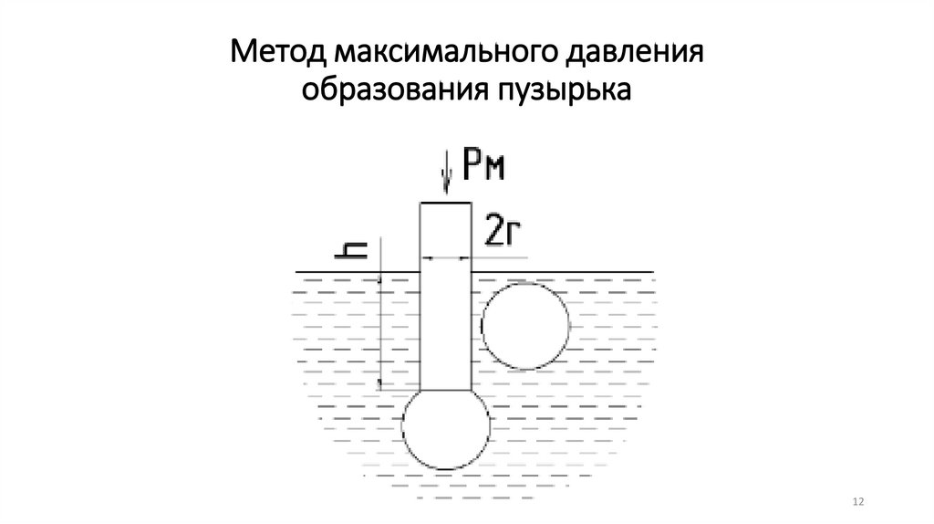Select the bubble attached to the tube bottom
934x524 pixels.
[x=446, y=430]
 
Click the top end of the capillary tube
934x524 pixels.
[x=445, y=204]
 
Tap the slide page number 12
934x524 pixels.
[x=857, y=502]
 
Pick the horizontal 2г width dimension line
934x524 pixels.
[x=445, y=257]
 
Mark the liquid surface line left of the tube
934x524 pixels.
[x=356, y=271]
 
